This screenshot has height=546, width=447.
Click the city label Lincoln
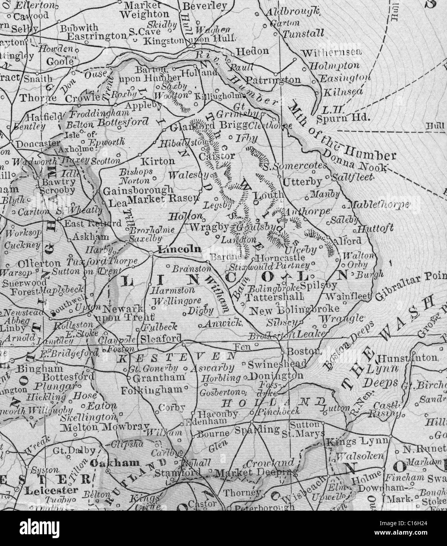coord(179,249)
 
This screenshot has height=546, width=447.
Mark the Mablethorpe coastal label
coord(379,205)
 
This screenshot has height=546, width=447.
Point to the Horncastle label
coord(280,258)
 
